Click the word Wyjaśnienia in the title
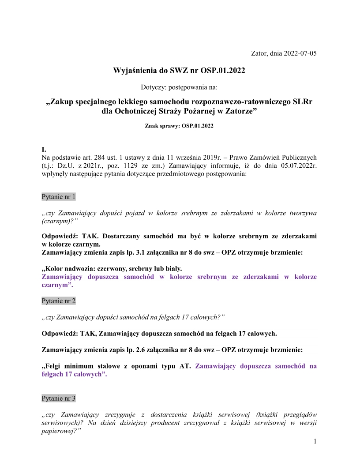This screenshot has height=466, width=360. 135,71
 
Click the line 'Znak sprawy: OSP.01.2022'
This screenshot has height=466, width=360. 179,126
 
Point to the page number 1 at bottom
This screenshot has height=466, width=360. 315,441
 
